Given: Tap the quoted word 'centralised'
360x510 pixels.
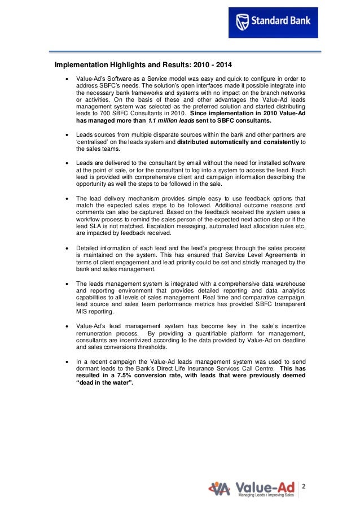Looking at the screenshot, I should pos(94,143).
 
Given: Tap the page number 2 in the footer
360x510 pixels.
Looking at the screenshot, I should pos(303,487).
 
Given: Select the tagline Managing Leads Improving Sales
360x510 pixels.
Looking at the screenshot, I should pos(266,495).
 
